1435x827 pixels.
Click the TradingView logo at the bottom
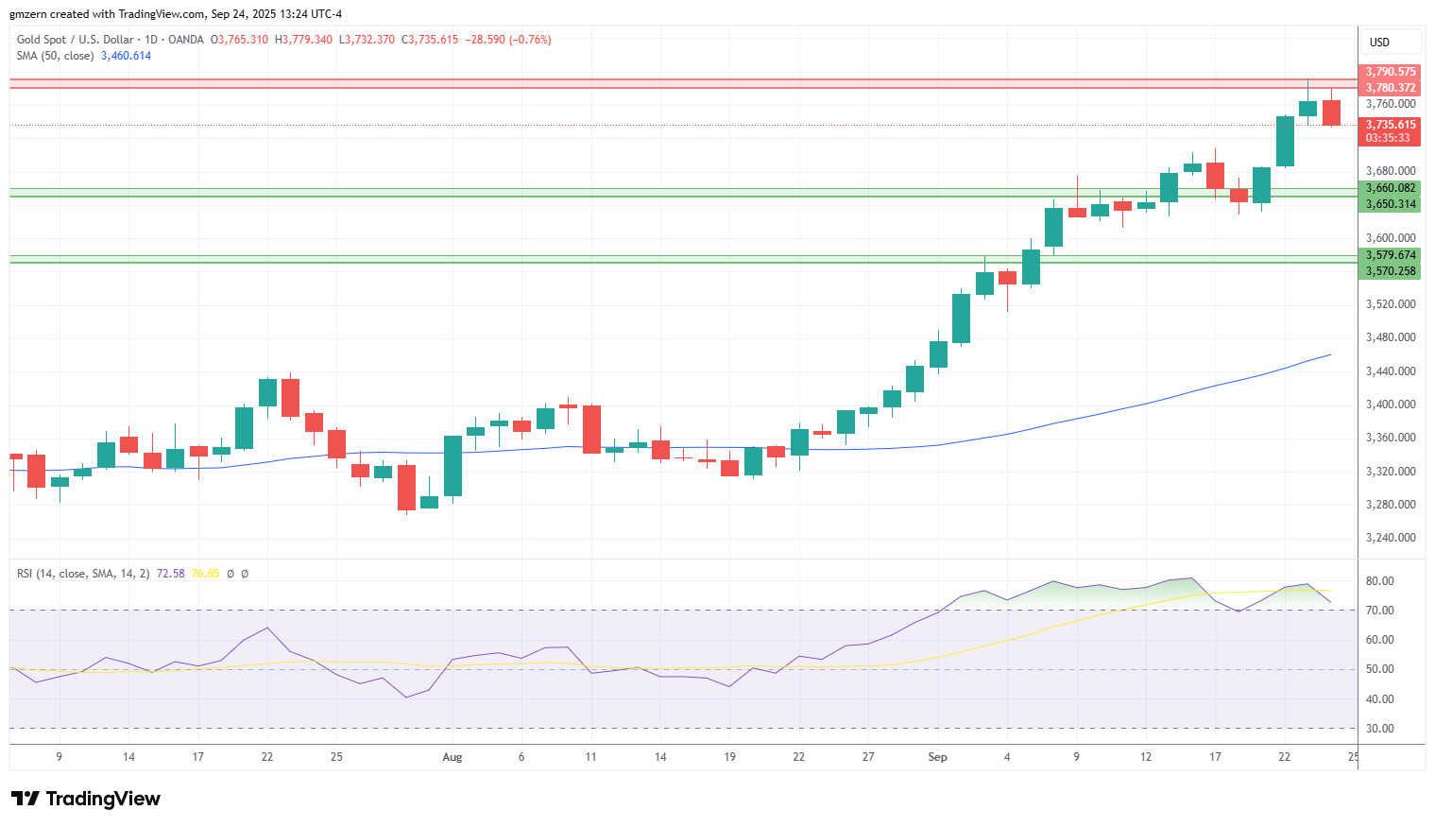tap(86, 799)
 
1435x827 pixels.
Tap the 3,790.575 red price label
tap(1390, 72)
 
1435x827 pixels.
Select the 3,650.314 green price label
tap(1390, 204)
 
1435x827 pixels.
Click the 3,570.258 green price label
tap(1390, 271)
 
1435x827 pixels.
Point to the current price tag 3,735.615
tap(1390, 125)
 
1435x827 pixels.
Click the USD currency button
tap(1380, 43)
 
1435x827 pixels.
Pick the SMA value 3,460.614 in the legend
tap(127, 56)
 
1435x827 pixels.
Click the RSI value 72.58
tap(170, 574)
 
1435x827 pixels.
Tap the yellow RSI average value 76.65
tap(205, 574)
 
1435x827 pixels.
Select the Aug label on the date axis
tap(453, 757)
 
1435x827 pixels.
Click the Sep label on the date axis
tap(937, 757)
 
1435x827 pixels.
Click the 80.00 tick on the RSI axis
tap(1380, 581)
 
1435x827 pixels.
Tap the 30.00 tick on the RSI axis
tap(1380, 729)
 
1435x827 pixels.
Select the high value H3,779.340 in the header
tap(303, 40)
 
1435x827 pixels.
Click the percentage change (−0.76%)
tap(530, 40)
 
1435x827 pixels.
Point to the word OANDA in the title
tap(186, 40)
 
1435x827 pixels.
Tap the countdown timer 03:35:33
tap(1388, 138)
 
